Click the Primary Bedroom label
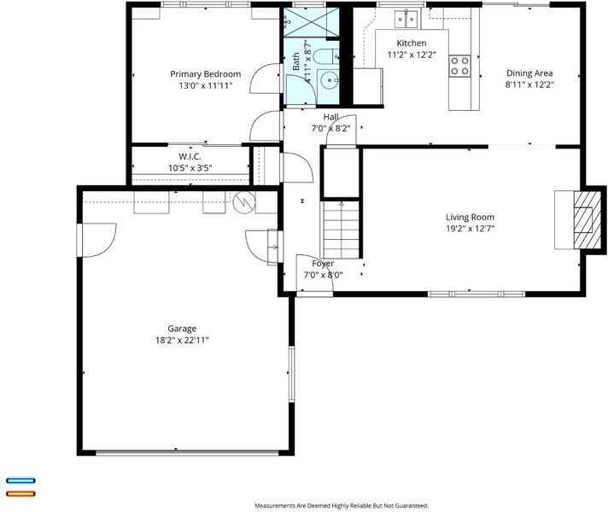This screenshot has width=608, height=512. [x=206, y=74]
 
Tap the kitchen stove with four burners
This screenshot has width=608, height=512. [x=460, y=66]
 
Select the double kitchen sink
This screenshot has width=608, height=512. [x=406, y=20]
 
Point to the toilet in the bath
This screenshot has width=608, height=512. [x=325, y=56]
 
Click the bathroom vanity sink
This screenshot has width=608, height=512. [x=329, y=80]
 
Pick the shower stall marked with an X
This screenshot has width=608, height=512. [x=312, y=22]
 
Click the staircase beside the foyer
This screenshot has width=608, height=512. [x=342, y=230]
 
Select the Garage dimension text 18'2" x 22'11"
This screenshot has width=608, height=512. [x=182, y=340]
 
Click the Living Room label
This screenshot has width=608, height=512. [x=470, y=217]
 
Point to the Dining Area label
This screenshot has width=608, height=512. [x=529, y=73]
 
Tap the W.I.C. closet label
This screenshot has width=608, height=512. [x=190, y=156]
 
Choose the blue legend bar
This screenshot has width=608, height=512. [x=21, y=480]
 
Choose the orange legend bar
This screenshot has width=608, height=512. [x=21, y=494]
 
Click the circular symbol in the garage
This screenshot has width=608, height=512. [x=244, y=202]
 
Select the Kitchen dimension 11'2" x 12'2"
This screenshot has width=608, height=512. [x=412, y=55]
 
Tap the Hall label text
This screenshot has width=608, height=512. [x=330, y=117]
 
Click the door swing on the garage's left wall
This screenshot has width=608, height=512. [x=97, y=240]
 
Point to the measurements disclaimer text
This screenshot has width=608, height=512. [x=342, y=505]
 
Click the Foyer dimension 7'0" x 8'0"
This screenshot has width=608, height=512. [x=323, y=275]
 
